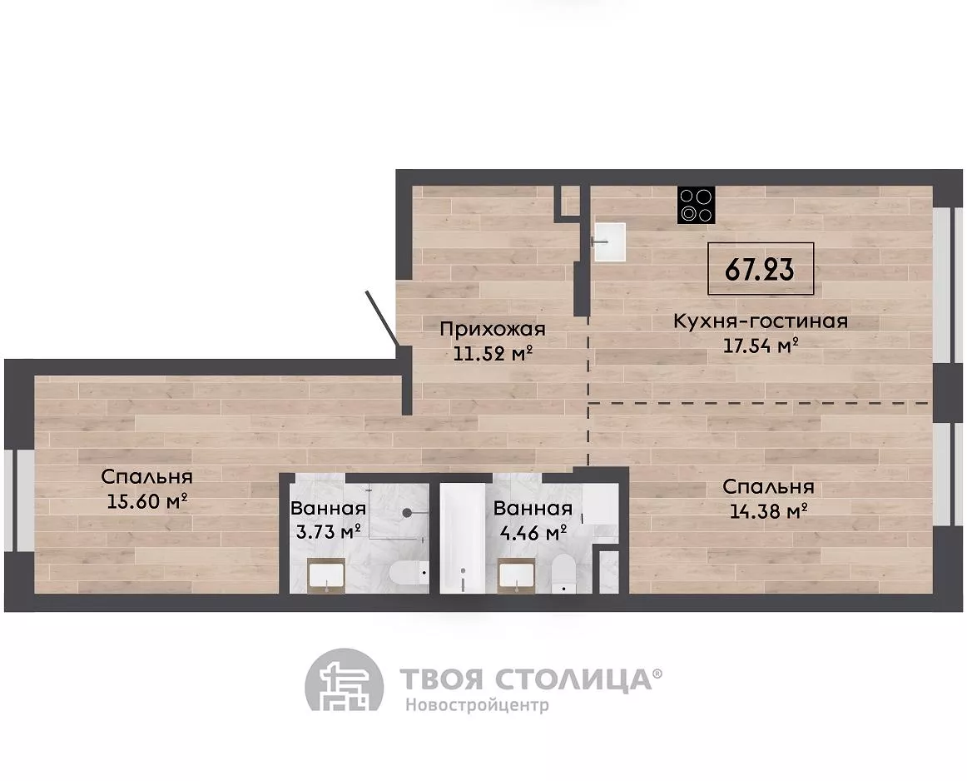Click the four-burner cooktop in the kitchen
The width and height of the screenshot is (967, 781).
pyautogui.click(x=697, y=205)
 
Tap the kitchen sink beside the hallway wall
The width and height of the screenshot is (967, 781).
pyautogui.click(x=609, y=242)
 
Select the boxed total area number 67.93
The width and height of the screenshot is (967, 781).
pyautogui.click(x=761, y=268)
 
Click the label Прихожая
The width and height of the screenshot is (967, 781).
pyautogui.click(x=493, y=329)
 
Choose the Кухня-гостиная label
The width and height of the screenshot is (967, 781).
pyautogui.click(x=761, y=321)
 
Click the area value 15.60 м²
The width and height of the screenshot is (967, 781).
pyautogui.click(x=147, y=501)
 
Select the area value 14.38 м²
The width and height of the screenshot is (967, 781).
pyautogui.click(x=768, y=510)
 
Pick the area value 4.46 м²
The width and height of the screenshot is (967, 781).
pyautogui.click(x=533, y=531)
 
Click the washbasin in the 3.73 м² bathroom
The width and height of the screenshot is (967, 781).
pyautogui.click(x=325, y=575)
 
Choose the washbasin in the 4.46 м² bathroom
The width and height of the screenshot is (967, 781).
pyautogui.click(x=516, y=575)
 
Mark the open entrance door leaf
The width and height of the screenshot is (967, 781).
pyautogui.click(x=381, y=318)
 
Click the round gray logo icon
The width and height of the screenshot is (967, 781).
pyautogui.click(x=345, y=687)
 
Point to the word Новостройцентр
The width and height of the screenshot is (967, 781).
pyautogui.click(x=477, y=705)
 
